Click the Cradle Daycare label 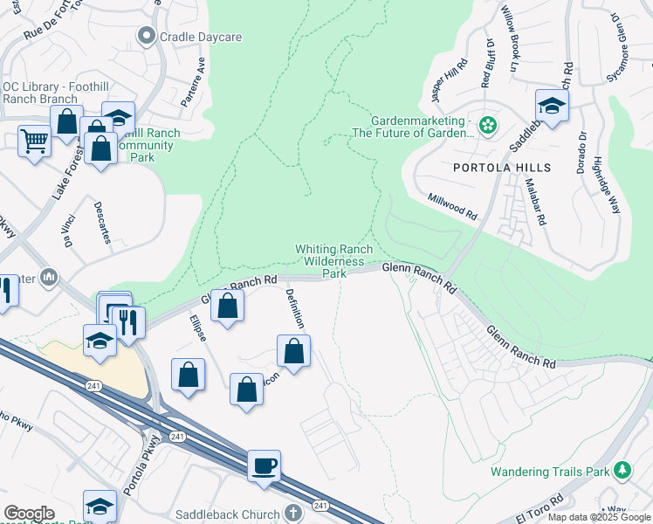point(199,37)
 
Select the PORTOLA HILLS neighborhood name point(501,167)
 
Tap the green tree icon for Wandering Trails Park point(622,471)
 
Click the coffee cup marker point(264,465)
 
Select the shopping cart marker point(34,140)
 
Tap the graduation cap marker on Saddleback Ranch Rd point(552,106)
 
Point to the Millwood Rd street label point(452,206)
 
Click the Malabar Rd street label point(534,202)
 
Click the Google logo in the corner point(29,514)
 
